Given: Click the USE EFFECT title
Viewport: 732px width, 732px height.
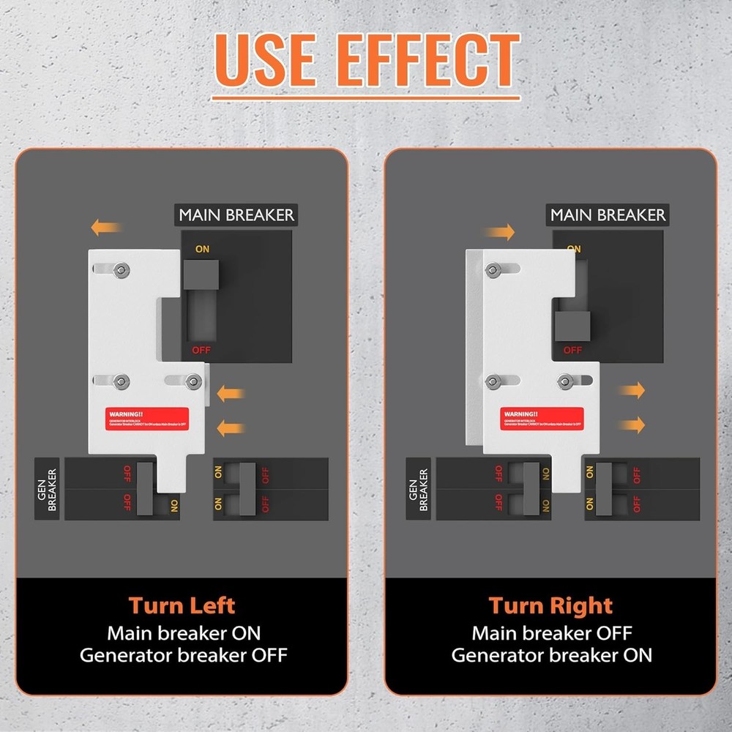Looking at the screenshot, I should pyautogui.click(x=367, y=60).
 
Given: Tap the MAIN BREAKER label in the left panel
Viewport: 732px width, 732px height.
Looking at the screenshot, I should pyautogui.click(x=236, y=215).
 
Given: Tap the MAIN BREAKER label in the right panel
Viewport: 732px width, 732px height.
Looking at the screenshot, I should pyautogui.click(x=608, y=215).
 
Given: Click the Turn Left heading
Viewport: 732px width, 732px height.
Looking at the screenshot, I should pyautogui.click(x=182, y=605).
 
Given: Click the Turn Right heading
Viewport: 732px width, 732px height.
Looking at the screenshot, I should pyautogui.click(x=550, y=605).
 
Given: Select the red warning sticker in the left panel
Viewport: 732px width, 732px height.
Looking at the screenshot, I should pyautogui.click(x=146, y=418).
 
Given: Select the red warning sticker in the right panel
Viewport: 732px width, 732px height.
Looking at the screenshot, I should pyautogui.click(x=542, y=418).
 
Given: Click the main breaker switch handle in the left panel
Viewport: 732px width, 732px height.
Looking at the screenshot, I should pyautogui.click(x=201, y=275).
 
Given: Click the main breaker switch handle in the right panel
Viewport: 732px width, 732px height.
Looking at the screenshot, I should pyautogui.click(x=572, y=326).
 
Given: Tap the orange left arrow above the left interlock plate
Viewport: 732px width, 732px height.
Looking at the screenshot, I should pyautogui.click(x=106, y=228).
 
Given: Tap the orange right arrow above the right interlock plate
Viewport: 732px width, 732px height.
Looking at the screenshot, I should pyautogui.click(x=499, y=233).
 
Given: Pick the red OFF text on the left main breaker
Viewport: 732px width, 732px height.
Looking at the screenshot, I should pyautogui.click(x=201, y=350).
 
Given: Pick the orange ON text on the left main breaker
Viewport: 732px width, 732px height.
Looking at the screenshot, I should pyautogui.click(x=202, y=250).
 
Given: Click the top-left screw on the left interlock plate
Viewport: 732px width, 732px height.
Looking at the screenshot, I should pyautogui.click(x=119, y=269).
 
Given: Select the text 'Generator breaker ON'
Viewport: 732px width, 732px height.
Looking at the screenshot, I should pyautogui.click(x=550, y=655).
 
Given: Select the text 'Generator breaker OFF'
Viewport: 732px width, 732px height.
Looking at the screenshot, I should pyautogui.click(x=183, y=655).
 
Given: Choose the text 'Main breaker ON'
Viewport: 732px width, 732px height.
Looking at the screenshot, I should pyautogui.click(x=183, y=632).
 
